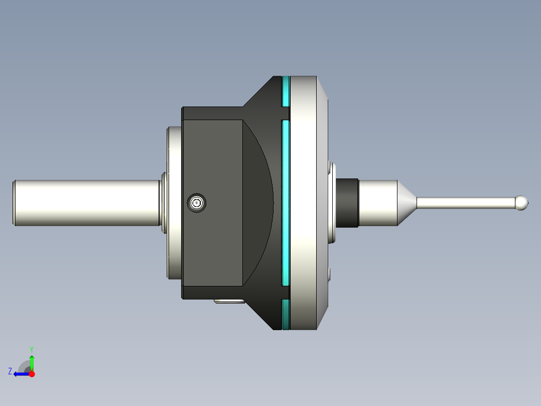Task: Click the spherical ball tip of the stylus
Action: pyautogui.click(x=522, y=202)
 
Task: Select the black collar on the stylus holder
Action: pyautogui.click(x=347, y=202)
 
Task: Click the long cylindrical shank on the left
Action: pyautogui.click(x=85, y=202)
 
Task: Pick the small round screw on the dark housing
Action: pyautogui.click(x=197, y=203)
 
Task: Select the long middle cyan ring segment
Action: pyautogui.click(x=286, y=202)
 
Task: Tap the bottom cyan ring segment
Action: pyautogui.click(x=286, y=315)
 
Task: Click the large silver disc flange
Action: pyautogui.click(x=304, y=202)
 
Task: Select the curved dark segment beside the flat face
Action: pyautogui.click(x=258, y=202)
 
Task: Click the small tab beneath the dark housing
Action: pyautogui.click(x=229, y=301)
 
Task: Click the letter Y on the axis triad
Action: pyautogui.click(x=32, y=348)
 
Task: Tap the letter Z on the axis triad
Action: pyautogui.click(x=10, y=371)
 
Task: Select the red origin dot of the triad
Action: pyautogui.click(x=32, y=374)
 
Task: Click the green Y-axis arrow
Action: pyautogui.click(x=32, y=362)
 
